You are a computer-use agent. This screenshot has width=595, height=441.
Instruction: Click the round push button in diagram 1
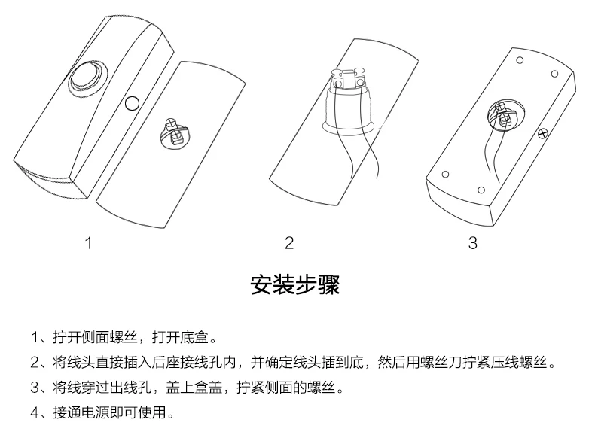pyautogui.click(x=88, y=78)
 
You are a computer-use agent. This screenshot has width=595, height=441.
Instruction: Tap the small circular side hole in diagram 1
pyautogui.click(x=132, y=103)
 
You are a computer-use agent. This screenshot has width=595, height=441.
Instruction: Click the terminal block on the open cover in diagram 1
pyautogui.click(x=174, y=132)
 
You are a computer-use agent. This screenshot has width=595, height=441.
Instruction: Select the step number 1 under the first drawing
pyautogui.click(x=89, y=243)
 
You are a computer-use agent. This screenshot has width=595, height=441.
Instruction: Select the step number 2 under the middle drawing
pyautogui.click(x=289, y=243)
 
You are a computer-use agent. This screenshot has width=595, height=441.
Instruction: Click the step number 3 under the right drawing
pyautogui.click(x=472, y=243)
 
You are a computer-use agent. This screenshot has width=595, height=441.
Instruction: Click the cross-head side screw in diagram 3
pyautogui.click(x=543, y=132)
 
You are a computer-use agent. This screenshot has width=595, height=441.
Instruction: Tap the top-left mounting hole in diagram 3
pyautogui.click(x=520, y=60)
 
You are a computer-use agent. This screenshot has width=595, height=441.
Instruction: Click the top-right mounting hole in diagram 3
pyautogui.click(x=554, y=74)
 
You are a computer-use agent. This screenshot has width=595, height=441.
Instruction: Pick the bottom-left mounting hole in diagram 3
pyautogui.click(x=445, y=175)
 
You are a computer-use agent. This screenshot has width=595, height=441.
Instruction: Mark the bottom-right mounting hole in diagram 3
pyautogui.click(x=481, y=190)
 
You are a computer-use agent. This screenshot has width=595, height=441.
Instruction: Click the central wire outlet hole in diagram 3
pyautogui.click(x=506, y=114)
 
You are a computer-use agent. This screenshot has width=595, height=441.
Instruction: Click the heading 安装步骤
pyautogui.click(x=294, y=284)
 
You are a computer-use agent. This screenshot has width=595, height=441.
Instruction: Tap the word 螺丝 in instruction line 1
pyautogui.click(x=124, y=336)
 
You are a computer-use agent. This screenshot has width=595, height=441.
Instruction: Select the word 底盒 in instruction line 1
pyautogui.click(x=194, y=336)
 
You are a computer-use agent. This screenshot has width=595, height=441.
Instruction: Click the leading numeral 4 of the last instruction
pyautogui.click(x=35, y=412)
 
